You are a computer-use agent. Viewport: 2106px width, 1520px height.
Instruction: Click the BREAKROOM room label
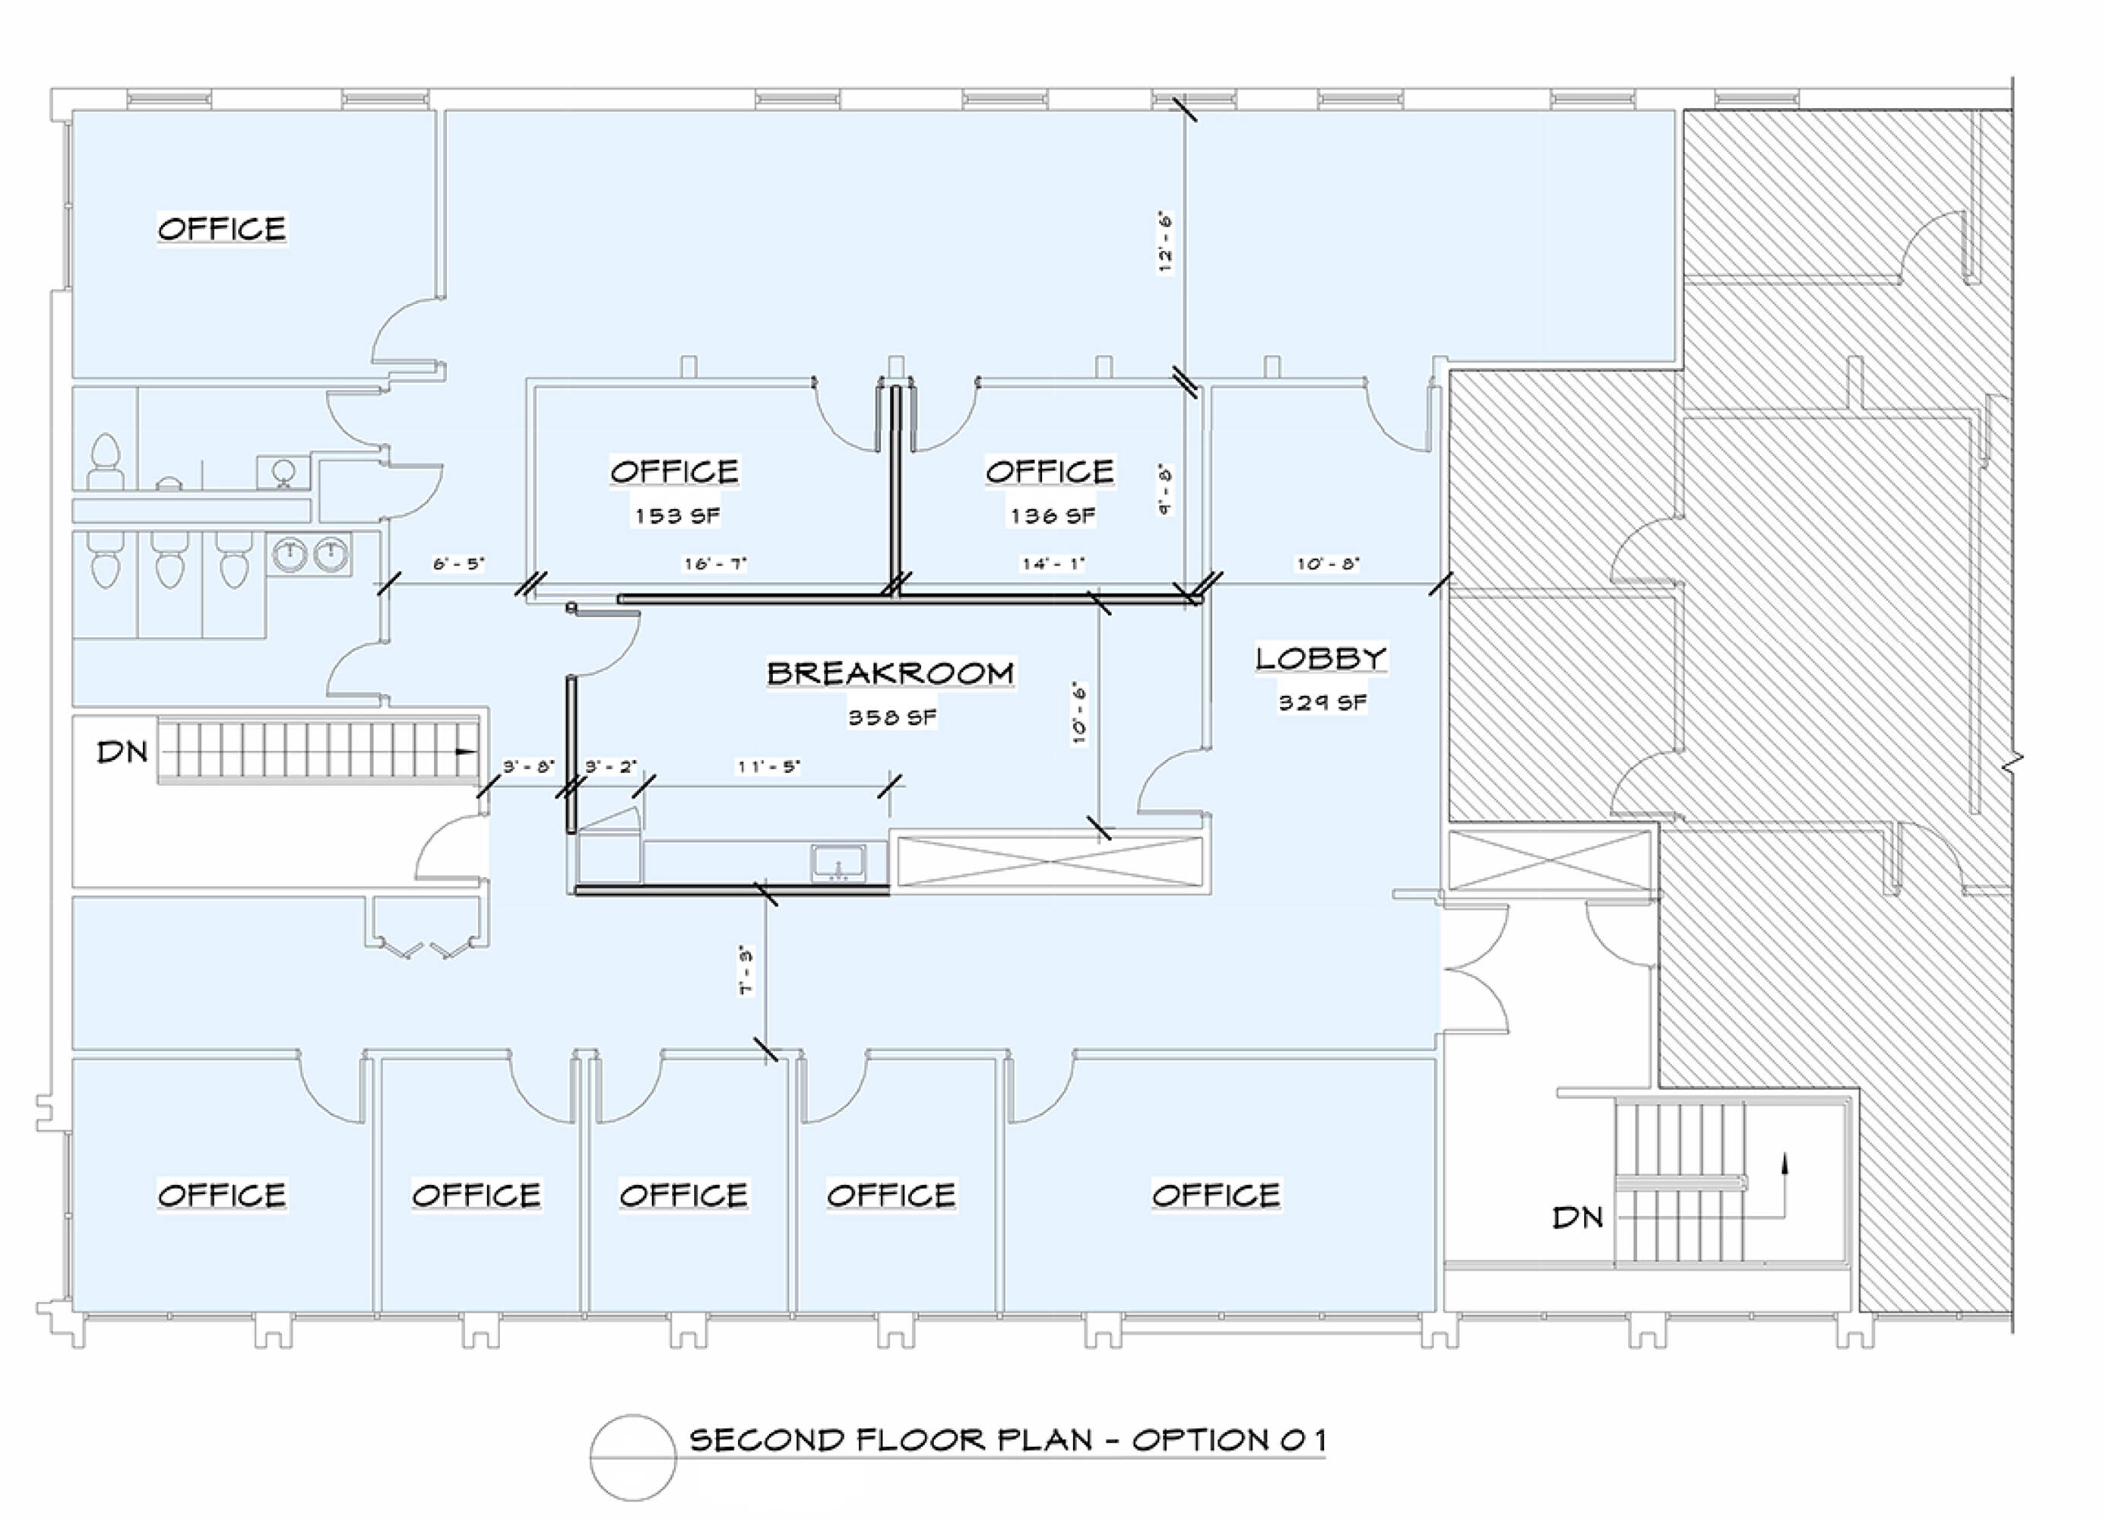[x=891, y=673]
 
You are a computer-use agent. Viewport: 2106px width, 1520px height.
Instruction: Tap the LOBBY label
[x=1322, y=658]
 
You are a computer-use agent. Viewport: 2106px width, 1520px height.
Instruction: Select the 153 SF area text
[x=677, y=515]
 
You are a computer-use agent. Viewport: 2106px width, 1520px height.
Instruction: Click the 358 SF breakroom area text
[x=892, y=717]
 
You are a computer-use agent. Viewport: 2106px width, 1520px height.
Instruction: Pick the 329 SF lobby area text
[x=1322, y=702]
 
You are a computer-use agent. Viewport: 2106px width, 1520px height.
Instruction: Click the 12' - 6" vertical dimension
[x=1165, y=242]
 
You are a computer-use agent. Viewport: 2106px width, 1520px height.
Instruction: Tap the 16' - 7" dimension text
[x=715, y=564]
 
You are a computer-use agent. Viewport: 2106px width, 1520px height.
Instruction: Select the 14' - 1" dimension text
[x=1053, y=564]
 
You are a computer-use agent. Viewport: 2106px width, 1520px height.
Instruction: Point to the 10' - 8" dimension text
[x=1328, y=564]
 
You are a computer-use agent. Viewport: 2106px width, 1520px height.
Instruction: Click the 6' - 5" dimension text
[x=459, y=564]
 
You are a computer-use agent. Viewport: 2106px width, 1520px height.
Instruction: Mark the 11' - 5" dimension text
[x=769, y=766]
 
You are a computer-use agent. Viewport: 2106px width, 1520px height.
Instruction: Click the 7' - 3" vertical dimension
[x=746, y=971]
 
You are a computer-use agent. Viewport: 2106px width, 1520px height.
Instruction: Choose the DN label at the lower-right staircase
[x=1578, y=1218]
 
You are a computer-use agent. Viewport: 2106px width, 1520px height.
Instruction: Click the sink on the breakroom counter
[x=838, y=863]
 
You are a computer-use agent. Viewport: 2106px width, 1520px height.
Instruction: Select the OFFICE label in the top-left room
[x=222, y=229]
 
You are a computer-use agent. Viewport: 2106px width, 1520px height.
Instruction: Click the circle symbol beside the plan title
[x=633, y=1457]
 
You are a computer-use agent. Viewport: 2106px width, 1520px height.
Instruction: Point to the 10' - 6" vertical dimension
[x=1079, y=714]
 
